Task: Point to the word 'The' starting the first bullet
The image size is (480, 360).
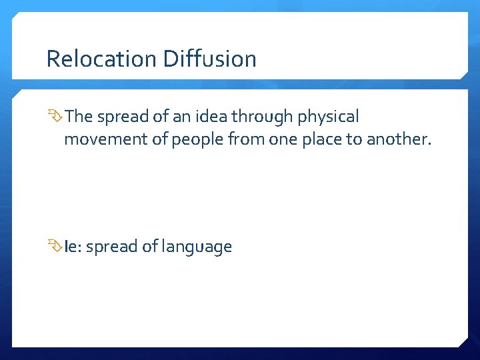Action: coord(79,117)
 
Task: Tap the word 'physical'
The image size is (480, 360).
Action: coord(329,118)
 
